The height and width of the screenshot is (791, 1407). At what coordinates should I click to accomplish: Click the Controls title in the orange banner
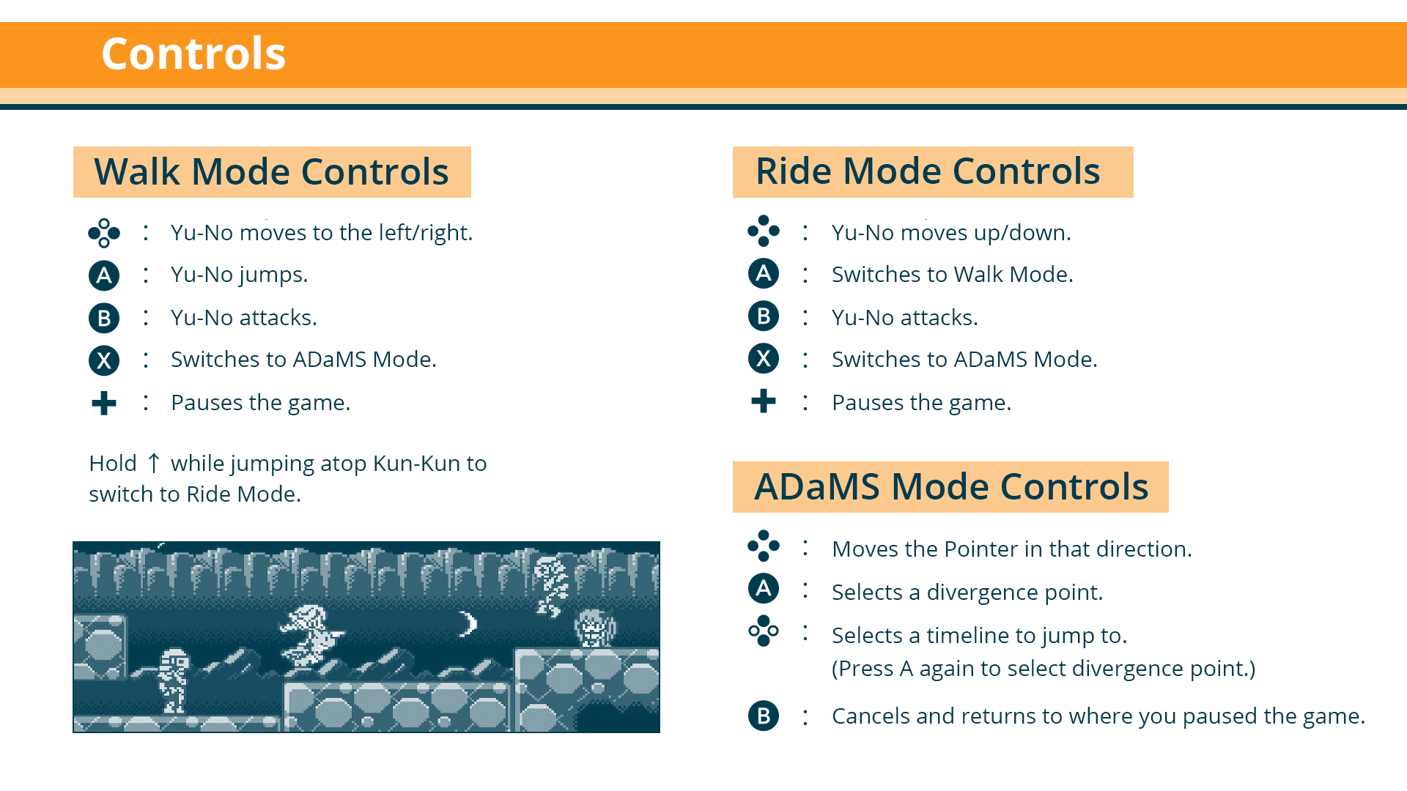coord(193,53)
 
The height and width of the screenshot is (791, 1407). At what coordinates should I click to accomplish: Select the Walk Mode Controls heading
coord(271,172)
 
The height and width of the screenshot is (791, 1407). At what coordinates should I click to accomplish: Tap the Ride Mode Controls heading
coord(928,171)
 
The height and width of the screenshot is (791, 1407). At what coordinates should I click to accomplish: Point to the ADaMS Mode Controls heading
coord(951,487)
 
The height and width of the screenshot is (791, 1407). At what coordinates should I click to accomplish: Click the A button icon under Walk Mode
coord(104,275)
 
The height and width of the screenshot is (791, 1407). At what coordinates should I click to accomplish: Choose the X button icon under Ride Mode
coord(764,359)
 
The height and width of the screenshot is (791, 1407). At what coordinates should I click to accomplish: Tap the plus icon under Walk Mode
coord(104,403)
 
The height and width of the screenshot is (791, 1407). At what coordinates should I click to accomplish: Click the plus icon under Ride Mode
coord(764,401)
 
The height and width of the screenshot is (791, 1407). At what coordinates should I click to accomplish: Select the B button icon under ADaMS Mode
coord(764,716)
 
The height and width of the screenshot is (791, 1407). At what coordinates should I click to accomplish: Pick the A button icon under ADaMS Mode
coord(764,588)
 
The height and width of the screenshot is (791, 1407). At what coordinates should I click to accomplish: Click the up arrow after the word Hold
coord(154,463)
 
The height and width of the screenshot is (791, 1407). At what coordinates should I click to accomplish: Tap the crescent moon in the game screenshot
coord(469,623)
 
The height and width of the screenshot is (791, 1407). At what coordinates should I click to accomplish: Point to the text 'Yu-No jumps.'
coord(240,275)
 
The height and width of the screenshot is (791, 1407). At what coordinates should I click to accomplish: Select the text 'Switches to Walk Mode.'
coord(953,275)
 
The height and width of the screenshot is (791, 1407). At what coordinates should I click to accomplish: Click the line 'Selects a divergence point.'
coord(967,592)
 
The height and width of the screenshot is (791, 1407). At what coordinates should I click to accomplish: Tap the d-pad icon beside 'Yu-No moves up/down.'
coord(764,231)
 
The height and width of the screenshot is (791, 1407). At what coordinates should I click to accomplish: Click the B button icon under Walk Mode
coord(104,318)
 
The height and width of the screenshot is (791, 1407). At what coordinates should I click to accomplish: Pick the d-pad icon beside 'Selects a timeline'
coord(764,631)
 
